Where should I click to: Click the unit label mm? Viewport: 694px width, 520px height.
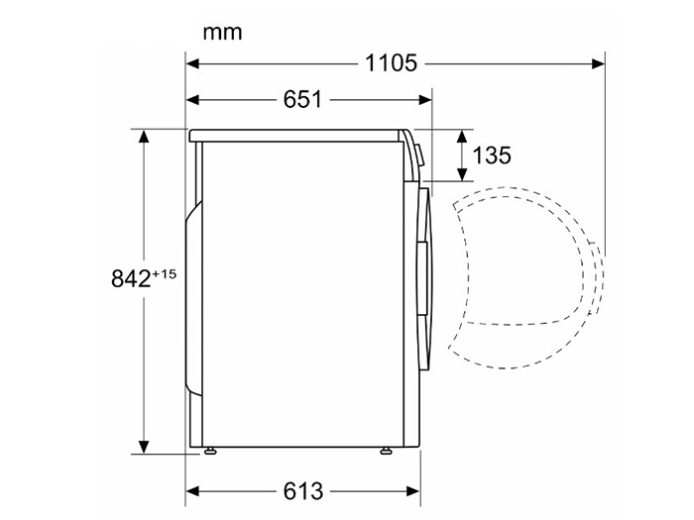coord(222,33)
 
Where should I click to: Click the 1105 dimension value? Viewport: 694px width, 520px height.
coord(391,63)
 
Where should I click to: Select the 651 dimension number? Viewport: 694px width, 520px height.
coord(302,99)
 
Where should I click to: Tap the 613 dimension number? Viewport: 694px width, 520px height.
coord(303,491)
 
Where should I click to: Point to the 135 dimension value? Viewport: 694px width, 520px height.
coord(492,156)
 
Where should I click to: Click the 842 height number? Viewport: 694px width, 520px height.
coord(131,279)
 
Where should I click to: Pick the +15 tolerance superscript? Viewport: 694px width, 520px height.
coord(165,274)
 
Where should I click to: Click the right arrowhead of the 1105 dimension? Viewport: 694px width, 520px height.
coord(598,64)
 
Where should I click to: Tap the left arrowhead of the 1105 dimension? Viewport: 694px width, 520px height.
coord(193,64)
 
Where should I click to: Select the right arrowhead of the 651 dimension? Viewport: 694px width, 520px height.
coord(425,100)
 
